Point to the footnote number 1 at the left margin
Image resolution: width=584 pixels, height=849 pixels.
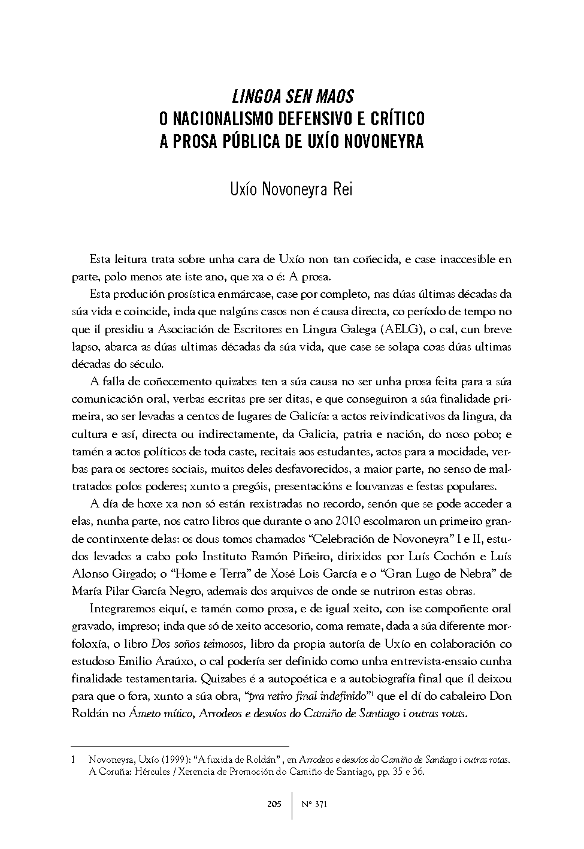click(73, 760)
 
